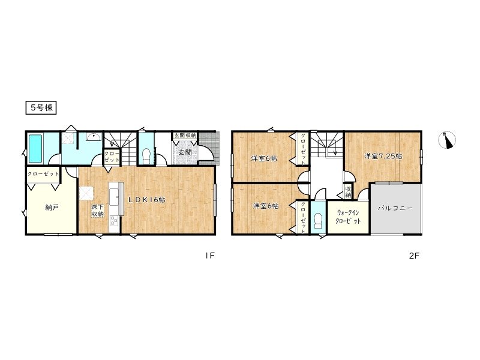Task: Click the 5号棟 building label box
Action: (41, 108)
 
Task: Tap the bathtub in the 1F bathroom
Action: (37, 149)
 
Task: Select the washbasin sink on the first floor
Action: (94, 137)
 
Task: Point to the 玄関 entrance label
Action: (185, 152)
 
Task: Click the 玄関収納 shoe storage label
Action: (185, 135)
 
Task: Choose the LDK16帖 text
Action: (146, 200)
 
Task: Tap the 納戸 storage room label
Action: (52, 208)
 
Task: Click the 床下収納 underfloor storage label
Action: (97, 211)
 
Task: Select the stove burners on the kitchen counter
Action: (114, 221)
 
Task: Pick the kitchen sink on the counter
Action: (115, 197)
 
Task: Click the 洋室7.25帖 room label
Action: (383, 156)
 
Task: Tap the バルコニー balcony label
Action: (395, 208)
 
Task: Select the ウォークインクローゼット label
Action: (348, 217)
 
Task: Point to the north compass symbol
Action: (447, 140)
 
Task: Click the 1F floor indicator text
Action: (210, 256)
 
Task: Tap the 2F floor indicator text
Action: (413, 256)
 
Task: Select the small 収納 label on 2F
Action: (348, 191)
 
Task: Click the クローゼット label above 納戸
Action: (43, 174)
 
